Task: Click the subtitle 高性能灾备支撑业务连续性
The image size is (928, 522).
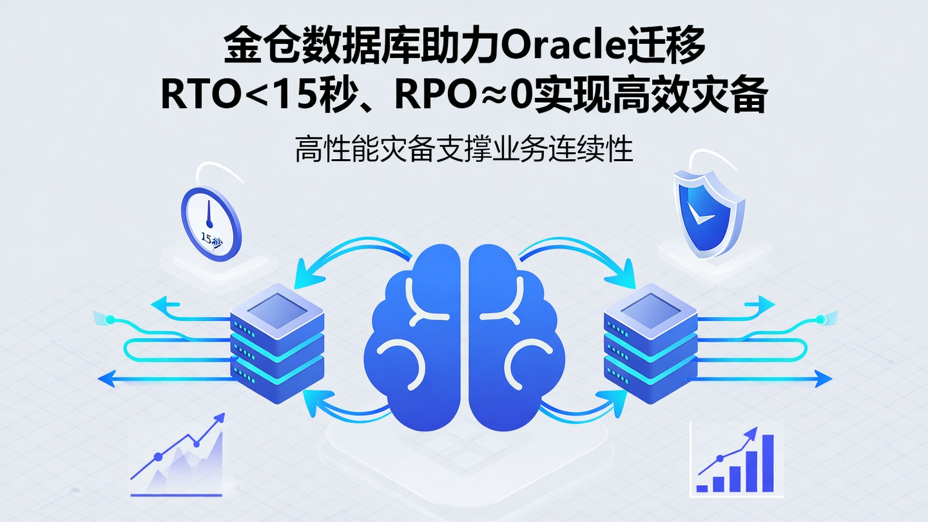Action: (464, 150)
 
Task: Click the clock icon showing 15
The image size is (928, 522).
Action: (210, 223)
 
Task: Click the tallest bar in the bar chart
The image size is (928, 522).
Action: (768, 463)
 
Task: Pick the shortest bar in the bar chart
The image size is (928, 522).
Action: (702, 488)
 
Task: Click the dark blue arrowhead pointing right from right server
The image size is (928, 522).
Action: (824, 379)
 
